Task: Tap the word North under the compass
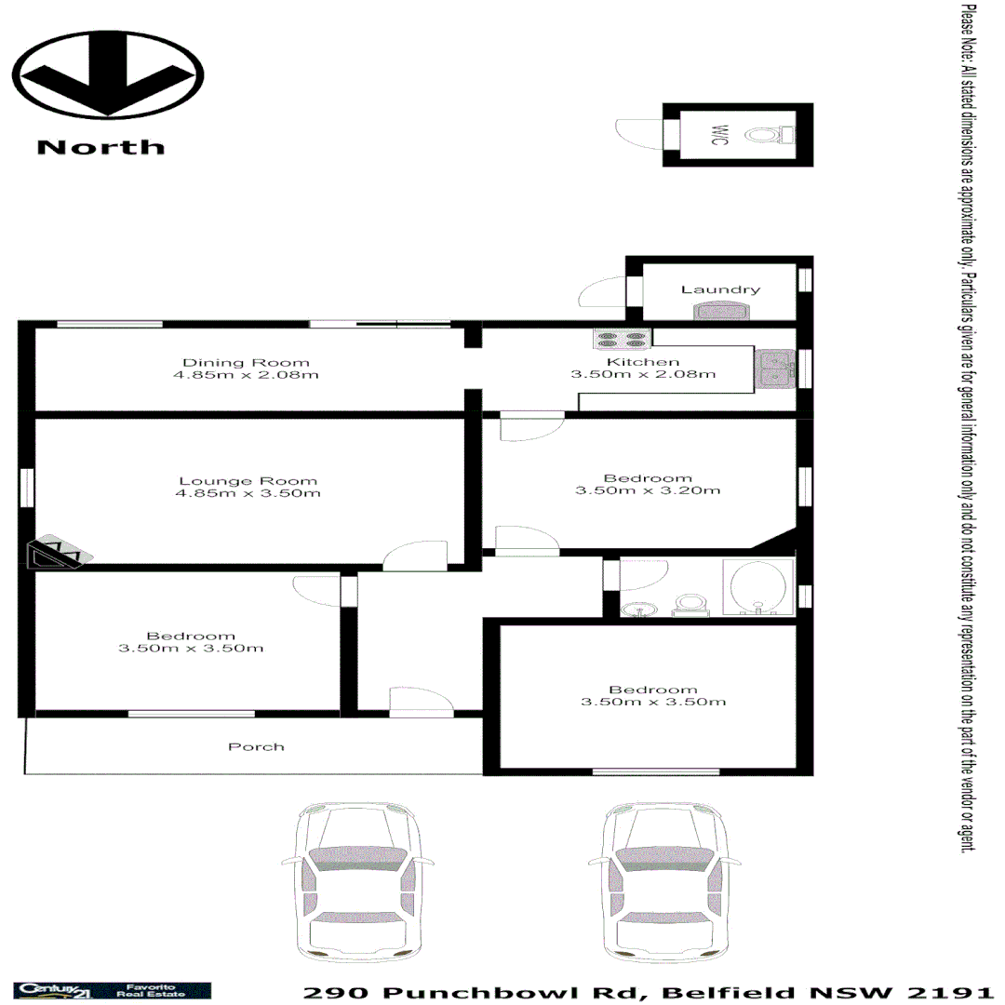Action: click(100, 147)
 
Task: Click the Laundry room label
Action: click(720, 289)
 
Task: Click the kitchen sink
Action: click(774, 368)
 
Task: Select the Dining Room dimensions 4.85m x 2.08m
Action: click(246, 375)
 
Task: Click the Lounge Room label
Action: click(248, 481)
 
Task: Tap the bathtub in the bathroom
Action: click(757, 588)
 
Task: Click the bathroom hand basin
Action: click(639, 610)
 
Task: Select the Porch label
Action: click(256, 746)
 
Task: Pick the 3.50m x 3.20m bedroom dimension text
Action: click(648, 490)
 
